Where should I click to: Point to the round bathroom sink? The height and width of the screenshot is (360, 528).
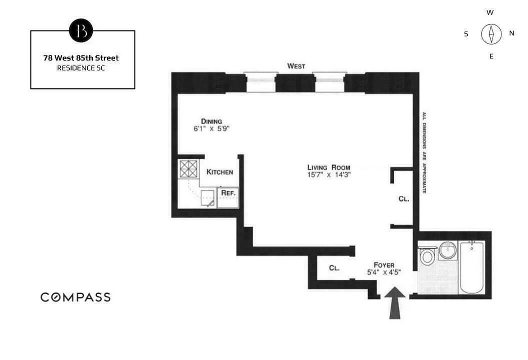(x=448, y=250)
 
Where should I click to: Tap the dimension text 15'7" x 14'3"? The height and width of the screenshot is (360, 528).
(x=327, y=175)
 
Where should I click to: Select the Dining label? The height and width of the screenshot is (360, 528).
(x=212, y=121)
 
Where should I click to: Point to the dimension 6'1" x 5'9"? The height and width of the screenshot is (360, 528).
(x=212, y=128)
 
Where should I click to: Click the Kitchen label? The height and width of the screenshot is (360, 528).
(x=220, y=172)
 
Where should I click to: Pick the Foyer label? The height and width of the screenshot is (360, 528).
(x=384, y=265)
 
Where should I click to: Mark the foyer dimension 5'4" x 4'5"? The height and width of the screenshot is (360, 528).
(x=384, y=272)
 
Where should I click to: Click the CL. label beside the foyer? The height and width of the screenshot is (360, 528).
(x=334, y=268)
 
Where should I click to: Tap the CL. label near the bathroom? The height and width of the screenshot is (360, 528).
(x=404, y=198)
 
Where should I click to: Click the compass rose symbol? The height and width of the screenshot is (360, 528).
(x=491, y=34)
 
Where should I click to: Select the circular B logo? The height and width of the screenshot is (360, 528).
(x=81, y=31)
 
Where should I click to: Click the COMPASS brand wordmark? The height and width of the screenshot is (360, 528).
(x=76, y=297)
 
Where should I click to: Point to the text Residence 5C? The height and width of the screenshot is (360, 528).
(x=81, y=68)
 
